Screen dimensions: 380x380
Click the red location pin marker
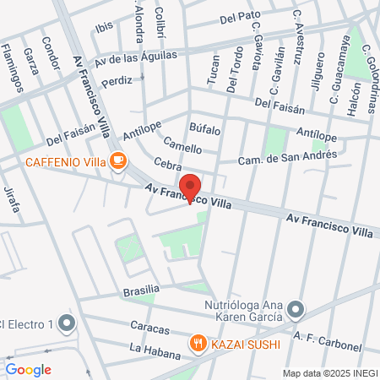click(190, 187)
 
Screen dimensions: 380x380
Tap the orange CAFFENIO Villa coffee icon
click(118, 160)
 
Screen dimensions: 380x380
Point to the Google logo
click(28, 369)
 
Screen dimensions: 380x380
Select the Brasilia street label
click(141, 290)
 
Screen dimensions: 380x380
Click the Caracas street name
click(150, 325)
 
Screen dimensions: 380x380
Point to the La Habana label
click(150, 348)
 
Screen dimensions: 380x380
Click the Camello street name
click(182, 144)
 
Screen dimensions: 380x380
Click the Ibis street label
click(104, 27)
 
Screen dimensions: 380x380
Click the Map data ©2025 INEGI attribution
click(329, 372)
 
